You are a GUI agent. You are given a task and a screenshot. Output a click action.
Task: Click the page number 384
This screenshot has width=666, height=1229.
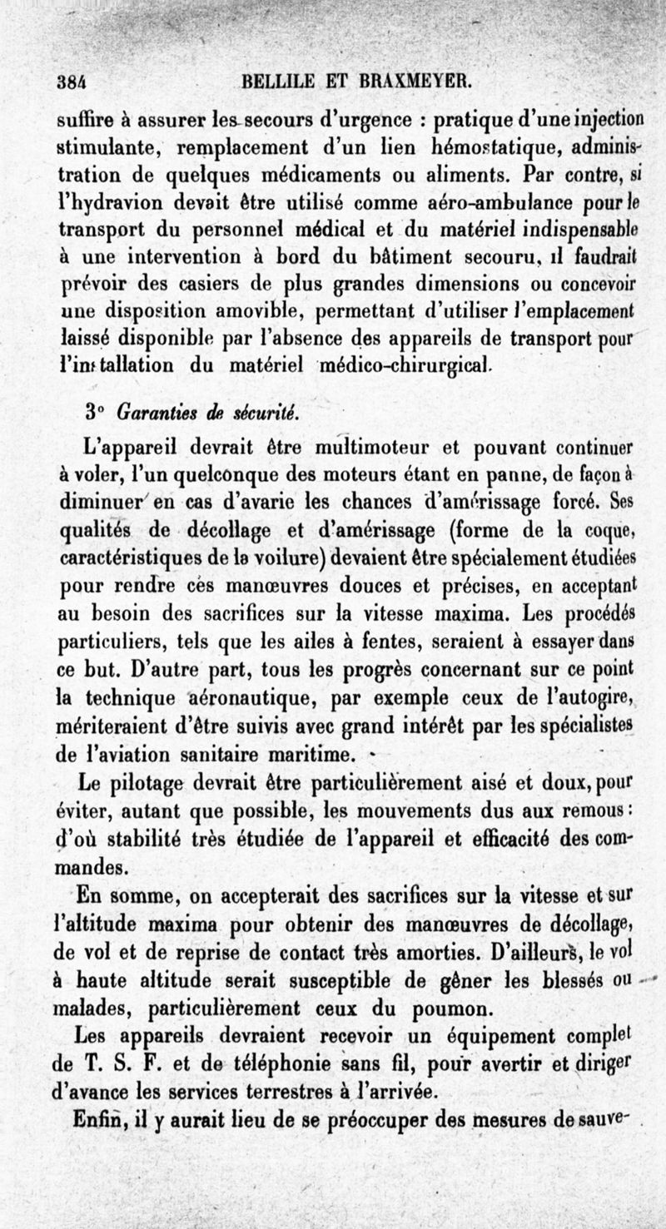pyautogui.click(x=73, y=82)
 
